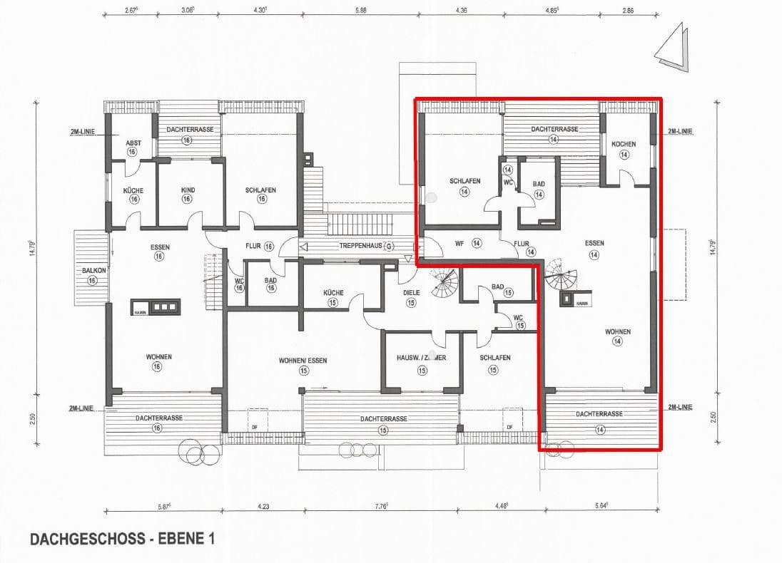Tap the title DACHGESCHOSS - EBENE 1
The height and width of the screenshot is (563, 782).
pyautogui.click(x=122, y=539)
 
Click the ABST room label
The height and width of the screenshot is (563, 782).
pyautogui.click(x=133, y=143)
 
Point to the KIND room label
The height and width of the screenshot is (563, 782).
pyautogui.click(x=187, y=190)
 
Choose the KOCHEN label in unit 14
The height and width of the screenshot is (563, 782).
pyautogui.click(x=624, y=144)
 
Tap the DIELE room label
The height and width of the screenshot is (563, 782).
pyautogui.click(x=411, y=293)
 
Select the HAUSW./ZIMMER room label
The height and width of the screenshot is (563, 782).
pyautogui.click(x=422, y=358)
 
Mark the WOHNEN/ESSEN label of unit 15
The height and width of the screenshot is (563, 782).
pyautogui.click(x=303, y=361)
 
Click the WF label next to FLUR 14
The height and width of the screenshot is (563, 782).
pyautogui.click(x=459, y=243)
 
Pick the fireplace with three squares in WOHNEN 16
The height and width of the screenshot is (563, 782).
pyautogui.click(x=156, y=307)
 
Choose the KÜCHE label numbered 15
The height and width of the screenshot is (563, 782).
pyautogui.click(x=333, y=293)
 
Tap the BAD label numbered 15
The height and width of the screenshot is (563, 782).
pyautogui.click(x=497, y=287)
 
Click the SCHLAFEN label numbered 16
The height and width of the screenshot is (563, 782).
pyautogui.click(x=260, y=190)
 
